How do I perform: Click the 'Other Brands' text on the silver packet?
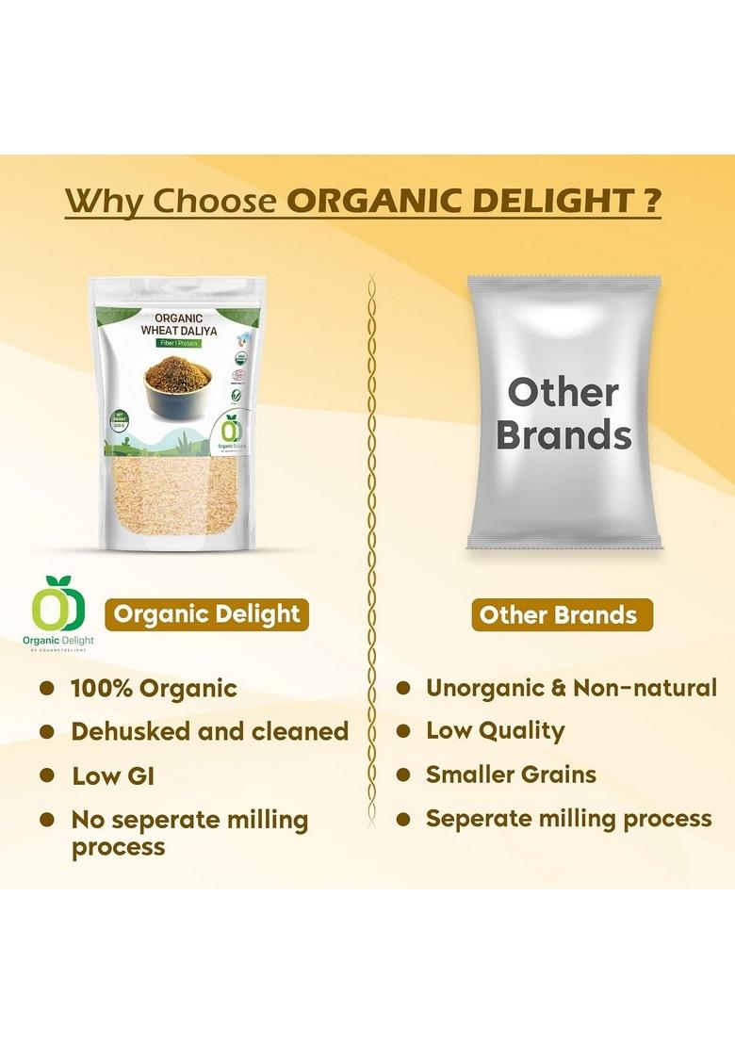[563, 415]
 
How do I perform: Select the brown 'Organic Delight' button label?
[206, 614]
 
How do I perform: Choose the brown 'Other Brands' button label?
[558, 615]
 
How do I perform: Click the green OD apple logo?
[58, 606]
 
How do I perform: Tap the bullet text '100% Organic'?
[154, 688]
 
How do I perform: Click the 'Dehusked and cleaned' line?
[209, 731]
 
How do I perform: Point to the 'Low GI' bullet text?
[112, 776]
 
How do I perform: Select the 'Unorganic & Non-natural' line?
[571, 688]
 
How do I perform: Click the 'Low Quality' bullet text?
[495, 730]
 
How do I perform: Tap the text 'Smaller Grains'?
[511, 775]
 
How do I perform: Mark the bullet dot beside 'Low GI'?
[46, 776]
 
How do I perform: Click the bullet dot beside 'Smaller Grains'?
[403, 775]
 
